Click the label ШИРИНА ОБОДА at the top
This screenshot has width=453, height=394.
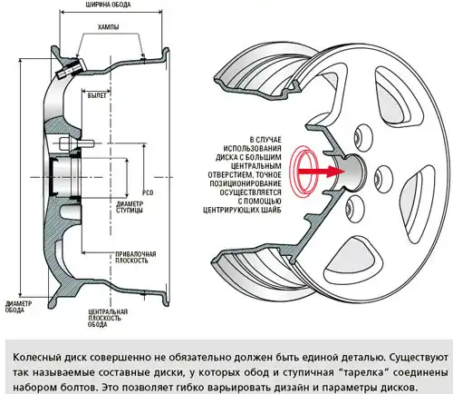click(109, 5)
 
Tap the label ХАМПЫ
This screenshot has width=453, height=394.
click(108, 27)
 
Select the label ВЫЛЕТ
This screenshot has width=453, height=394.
click(97, 95)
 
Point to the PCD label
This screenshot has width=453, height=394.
click(148, 192)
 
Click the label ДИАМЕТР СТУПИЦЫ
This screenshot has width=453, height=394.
click(130, 207)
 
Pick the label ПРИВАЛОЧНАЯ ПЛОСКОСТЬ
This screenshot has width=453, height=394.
click(136, 257)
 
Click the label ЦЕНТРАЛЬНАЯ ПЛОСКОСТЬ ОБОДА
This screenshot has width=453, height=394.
click(108, 318)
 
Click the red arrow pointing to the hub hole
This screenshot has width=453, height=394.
click(322, 171)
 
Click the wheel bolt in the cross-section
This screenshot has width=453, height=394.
click(76, 143)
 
